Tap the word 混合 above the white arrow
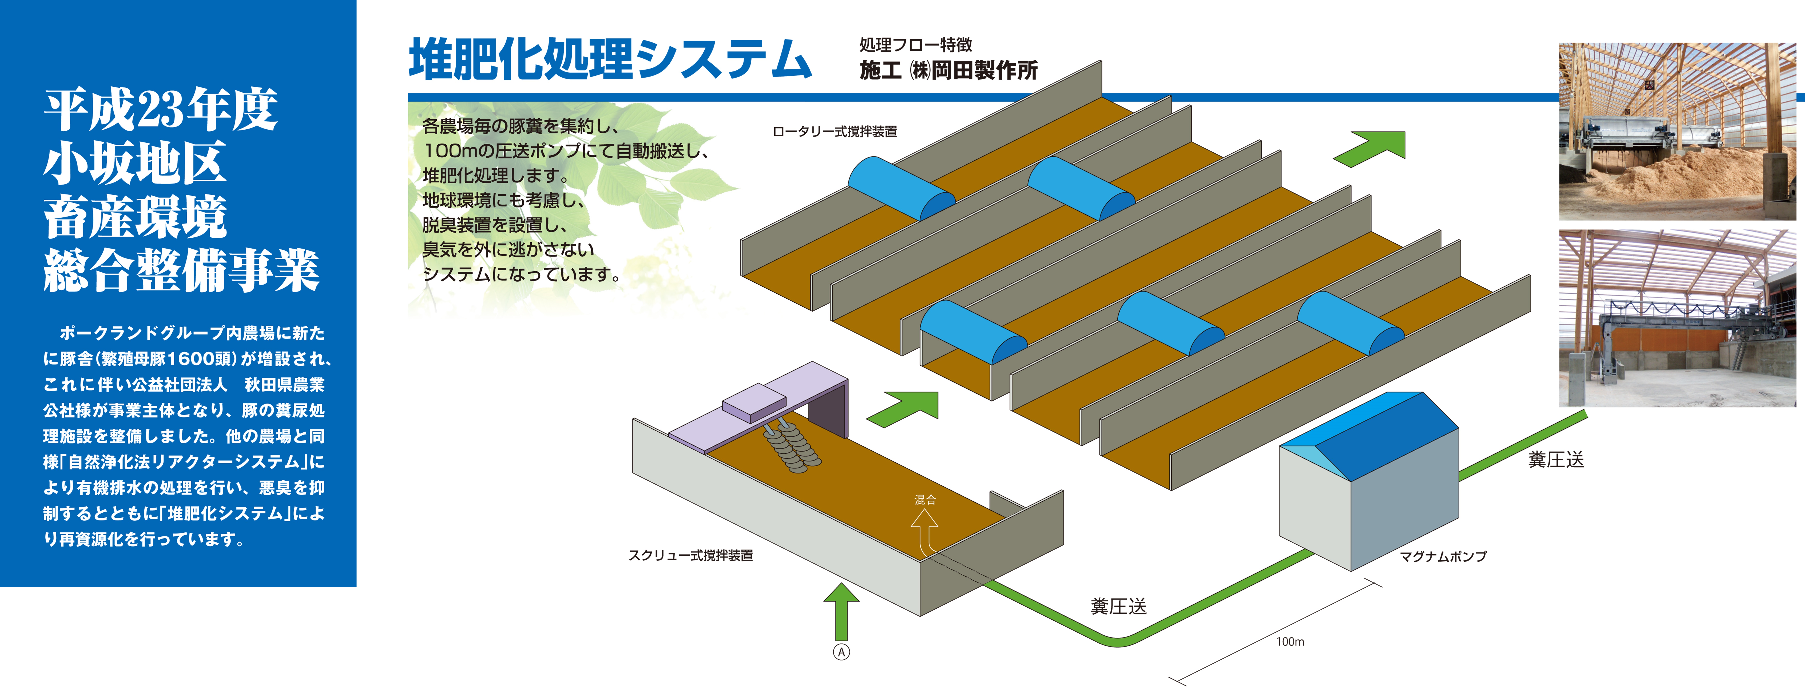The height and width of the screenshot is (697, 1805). [x=925, y=499]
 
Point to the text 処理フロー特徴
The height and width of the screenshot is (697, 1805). [x=915, y=45]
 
